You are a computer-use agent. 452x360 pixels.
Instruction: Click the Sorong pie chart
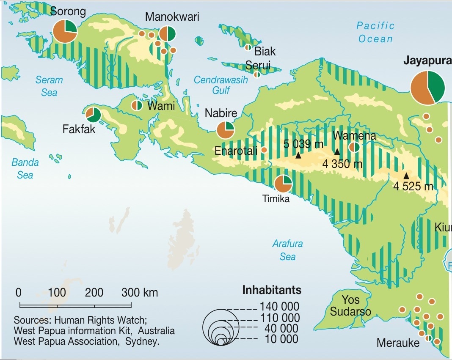tap(65, 30)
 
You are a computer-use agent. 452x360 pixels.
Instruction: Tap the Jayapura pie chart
tap(428, 88)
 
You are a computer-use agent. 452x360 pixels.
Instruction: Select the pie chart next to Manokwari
tap(167, 34)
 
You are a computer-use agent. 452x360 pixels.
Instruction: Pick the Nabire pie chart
tap(225, 130)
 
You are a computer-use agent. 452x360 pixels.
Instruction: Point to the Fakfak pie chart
tap(93, 115)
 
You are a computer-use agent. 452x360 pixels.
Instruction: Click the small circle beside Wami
tap(137, 105)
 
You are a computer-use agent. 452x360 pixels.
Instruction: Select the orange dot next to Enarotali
tap(264, 150)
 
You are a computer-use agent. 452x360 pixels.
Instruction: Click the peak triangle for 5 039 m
tap(298, 156)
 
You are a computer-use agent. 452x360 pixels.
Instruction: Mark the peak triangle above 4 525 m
tap(406, 176)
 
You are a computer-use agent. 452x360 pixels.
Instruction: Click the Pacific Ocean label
tap(375, 32)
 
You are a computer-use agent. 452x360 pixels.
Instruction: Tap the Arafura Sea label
tap(287, 250)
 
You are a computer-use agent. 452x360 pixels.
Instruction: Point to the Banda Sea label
tap(25, 168)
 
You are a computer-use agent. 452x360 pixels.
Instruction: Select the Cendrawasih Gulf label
tap(220, 85)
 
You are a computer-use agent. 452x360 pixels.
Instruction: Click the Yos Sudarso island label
tap(350, 306)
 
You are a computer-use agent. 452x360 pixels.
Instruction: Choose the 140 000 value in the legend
tap(279, 306)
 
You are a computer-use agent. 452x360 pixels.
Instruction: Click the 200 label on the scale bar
tap(94, 292)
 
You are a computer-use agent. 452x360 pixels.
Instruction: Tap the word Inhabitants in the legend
tap(272, 290)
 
